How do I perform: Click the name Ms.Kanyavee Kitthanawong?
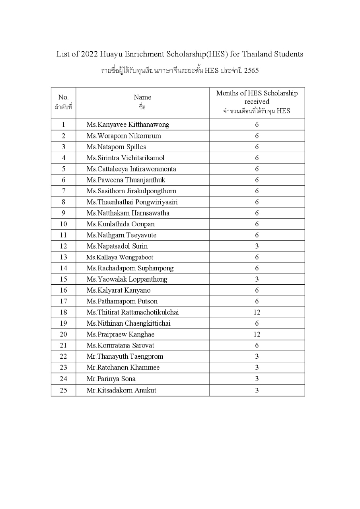coord(128,124)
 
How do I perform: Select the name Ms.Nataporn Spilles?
coord(116,147)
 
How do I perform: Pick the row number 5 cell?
coord(63,169)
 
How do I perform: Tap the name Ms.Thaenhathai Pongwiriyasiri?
coord(132,202)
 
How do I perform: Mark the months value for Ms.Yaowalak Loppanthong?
coord(257,279)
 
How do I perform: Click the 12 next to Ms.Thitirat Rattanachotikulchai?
coord(257,312)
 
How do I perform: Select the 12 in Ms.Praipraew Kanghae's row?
coord(257,334)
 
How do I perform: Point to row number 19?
coord(63,323)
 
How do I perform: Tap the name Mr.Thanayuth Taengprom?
coord(125,356)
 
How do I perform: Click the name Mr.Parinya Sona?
coord(111,379)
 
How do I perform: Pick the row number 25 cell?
coord(63,390)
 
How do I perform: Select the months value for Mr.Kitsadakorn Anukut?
coord(257,390)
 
